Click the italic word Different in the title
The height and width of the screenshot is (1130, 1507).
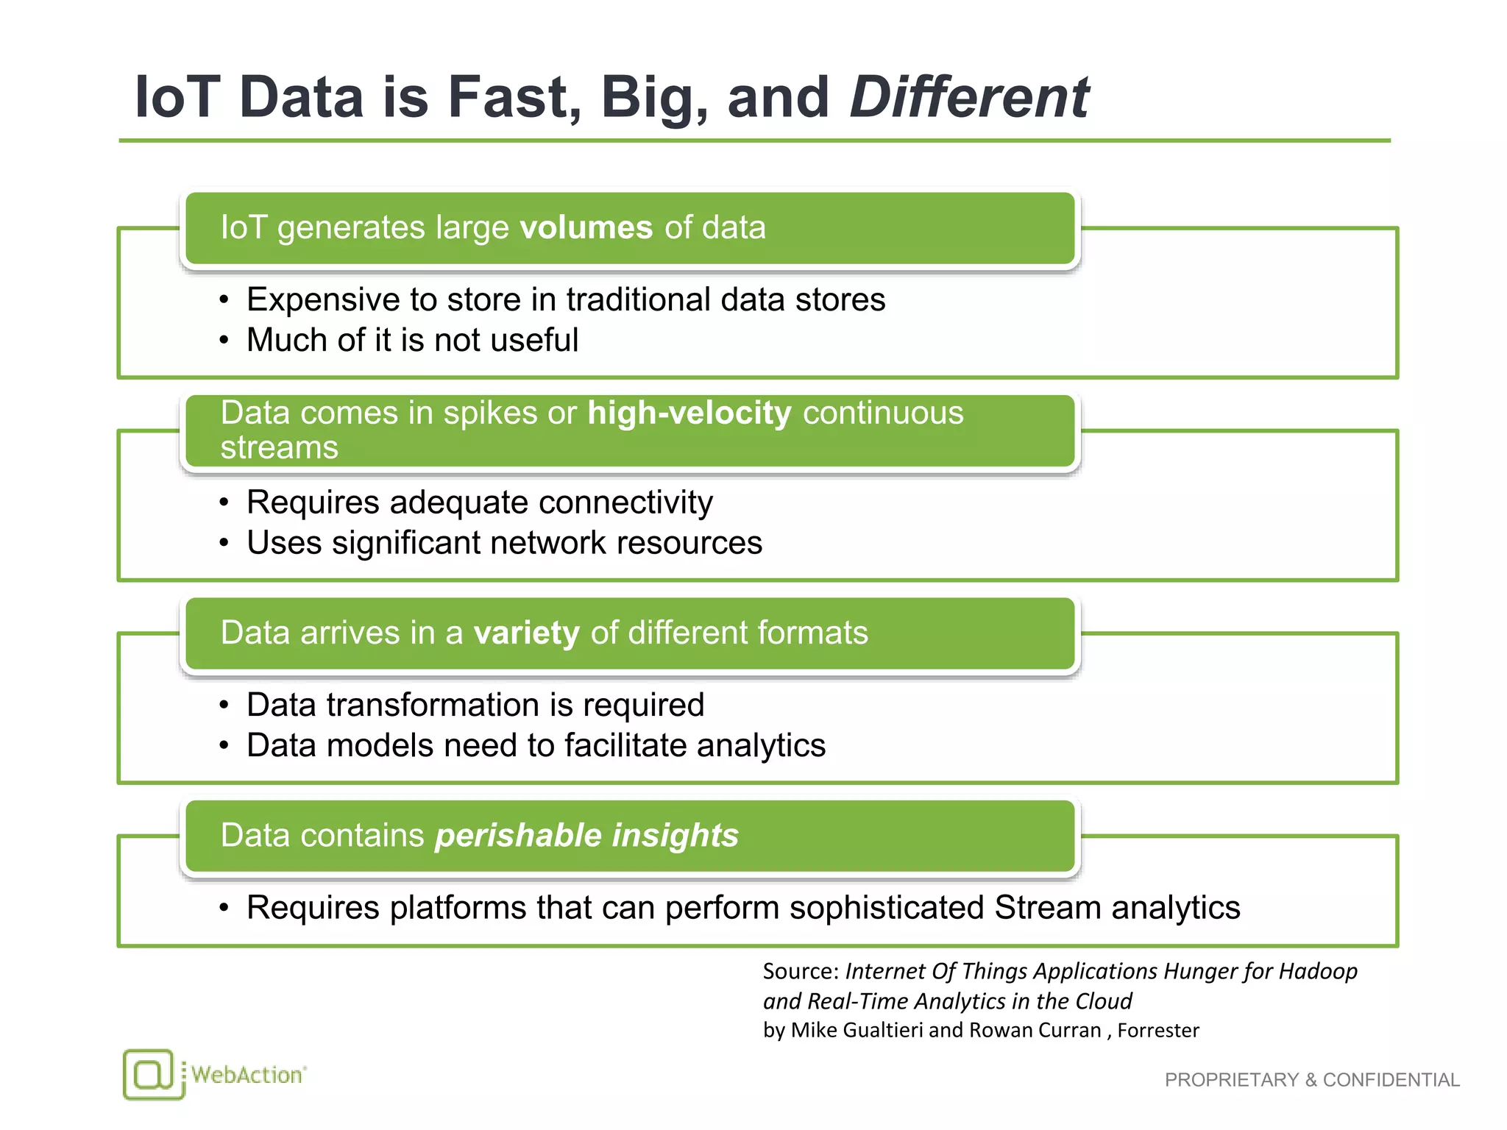[968, 97]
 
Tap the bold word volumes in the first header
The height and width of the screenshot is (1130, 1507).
[586, 227]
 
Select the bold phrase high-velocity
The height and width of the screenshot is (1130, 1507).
[689, 413]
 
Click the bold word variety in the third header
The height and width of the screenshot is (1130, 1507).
[526, 633]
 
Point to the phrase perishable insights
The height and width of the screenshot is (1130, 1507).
[586, 836]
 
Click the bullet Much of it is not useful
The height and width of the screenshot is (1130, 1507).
[412, 340]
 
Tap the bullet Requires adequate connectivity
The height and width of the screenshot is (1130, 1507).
[479, 502]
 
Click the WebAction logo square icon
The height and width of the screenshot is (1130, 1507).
[152, 1074]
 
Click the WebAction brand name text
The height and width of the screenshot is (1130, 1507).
[247, 1075]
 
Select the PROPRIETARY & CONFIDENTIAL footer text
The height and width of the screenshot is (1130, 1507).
[1311, 1080]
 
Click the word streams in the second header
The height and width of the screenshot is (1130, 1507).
[279, 447]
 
